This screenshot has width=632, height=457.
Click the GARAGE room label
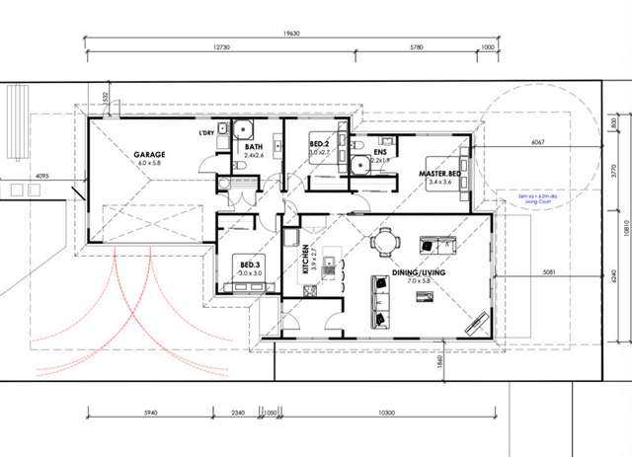pyautogui.click(x=150, y=154)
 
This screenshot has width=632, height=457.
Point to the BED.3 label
pyautogui.click(x=249, y=265)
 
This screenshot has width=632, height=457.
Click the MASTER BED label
pyautogui.click(x=439, y=172)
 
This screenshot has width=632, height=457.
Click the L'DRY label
pyautogui.click(x=206, y=132)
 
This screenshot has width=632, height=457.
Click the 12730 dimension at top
pyautogui.click(x=227, y=47)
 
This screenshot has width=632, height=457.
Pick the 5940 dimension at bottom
pyautogui.click(x=149, y=412)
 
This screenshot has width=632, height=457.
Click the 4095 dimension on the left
pyautogui.click(x=42, y=177)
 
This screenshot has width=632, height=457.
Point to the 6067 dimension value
pyautogui.click(x=537, y=142)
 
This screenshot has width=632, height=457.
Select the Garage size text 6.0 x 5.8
pyautogui.click(x=150, y=163)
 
